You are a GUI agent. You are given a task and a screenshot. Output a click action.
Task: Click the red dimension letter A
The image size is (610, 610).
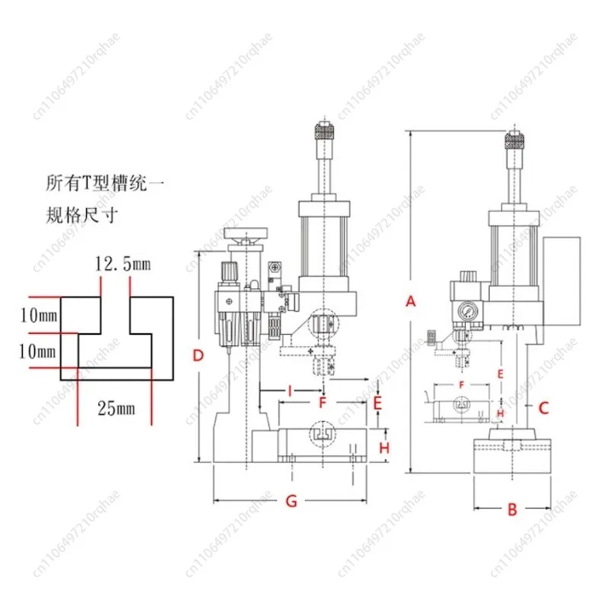click(411, 301)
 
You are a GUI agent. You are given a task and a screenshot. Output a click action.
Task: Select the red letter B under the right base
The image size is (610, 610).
click(512, 509)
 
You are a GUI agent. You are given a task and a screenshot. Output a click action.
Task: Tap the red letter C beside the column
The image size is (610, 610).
click(544, 407)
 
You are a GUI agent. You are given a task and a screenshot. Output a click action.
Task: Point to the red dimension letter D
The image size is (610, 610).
click(197, 355)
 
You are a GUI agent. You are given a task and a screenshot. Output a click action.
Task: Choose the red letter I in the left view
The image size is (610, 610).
click(290, 391)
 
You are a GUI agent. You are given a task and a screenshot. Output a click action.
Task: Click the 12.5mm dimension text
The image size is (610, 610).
click(123, 265)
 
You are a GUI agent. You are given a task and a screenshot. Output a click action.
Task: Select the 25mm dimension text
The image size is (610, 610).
click(115, 409)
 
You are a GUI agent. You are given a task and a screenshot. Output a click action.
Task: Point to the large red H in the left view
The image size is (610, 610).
click(384, 448)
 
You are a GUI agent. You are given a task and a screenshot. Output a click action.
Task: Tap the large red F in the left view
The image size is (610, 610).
click(323, 401)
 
